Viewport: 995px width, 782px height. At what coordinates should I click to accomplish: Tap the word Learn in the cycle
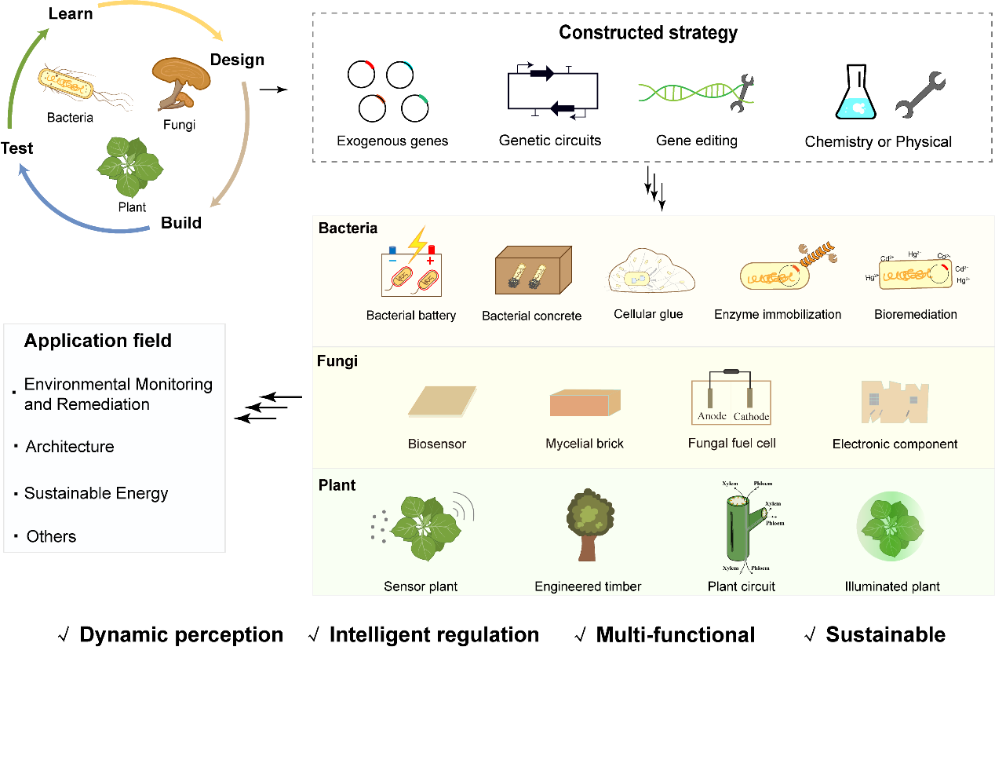[x=71, y=13]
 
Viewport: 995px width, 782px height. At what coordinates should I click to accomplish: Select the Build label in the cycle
[x=181, y=223]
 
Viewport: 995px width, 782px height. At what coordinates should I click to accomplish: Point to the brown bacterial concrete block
[x=533, y=270]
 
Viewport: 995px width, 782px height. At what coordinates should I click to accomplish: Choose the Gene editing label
[x=697, y=141]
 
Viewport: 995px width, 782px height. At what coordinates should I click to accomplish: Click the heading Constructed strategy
[x=648, y=33]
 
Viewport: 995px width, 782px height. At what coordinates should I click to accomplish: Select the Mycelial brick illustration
[x=585, y=403]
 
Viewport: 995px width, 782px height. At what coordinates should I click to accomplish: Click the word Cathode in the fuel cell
[x=751, y=417]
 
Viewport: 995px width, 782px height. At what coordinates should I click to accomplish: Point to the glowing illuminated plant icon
[x=891, y=526]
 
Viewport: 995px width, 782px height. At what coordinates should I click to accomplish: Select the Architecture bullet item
[x=70, y=447]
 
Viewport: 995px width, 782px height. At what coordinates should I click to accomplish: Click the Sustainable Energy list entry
[x=96, y=493]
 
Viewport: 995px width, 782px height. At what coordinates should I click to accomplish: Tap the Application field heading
[x=98, y=341]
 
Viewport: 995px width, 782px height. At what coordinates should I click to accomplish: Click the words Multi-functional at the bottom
[x=675, y=634]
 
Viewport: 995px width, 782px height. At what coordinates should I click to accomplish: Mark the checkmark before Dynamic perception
[x=64, y=634]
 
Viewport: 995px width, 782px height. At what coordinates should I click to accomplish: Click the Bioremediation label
[x=915, y=314]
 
